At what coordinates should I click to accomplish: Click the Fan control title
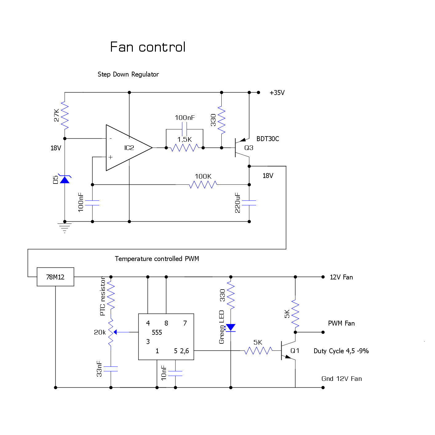click(x=148, y=47)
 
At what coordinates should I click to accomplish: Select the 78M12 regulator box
click(x=55, y=277)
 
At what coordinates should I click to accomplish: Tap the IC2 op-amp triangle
click(x=126, y=148)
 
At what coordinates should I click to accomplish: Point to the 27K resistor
click(x=65, y=115)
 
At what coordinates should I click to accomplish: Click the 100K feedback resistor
click(x=203, y=184)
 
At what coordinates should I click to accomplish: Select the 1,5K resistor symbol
click(x=184, y=148)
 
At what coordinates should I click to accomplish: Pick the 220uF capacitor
click(x=249, y=203)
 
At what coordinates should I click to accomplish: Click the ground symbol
click(x=65, y=227)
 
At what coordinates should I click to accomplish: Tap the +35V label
click(x=277, y=93)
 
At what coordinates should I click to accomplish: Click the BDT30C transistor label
click(x=267, y=139)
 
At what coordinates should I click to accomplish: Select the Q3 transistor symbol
click(x=241, y=148)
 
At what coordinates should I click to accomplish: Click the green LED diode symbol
click(x=231, y=328)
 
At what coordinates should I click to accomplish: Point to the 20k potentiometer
click(x=111, y=332)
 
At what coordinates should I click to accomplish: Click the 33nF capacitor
click(x=111, y=369)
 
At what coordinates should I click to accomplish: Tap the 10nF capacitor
click(x=175, y=373)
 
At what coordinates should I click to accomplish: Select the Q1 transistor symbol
click(x=287, y=350)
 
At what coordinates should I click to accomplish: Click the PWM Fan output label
click(x=341, y=323)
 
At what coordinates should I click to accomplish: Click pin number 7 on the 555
click(x=185, y=323)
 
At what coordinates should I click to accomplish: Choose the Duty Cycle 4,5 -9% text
click(x=341, y=351)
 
